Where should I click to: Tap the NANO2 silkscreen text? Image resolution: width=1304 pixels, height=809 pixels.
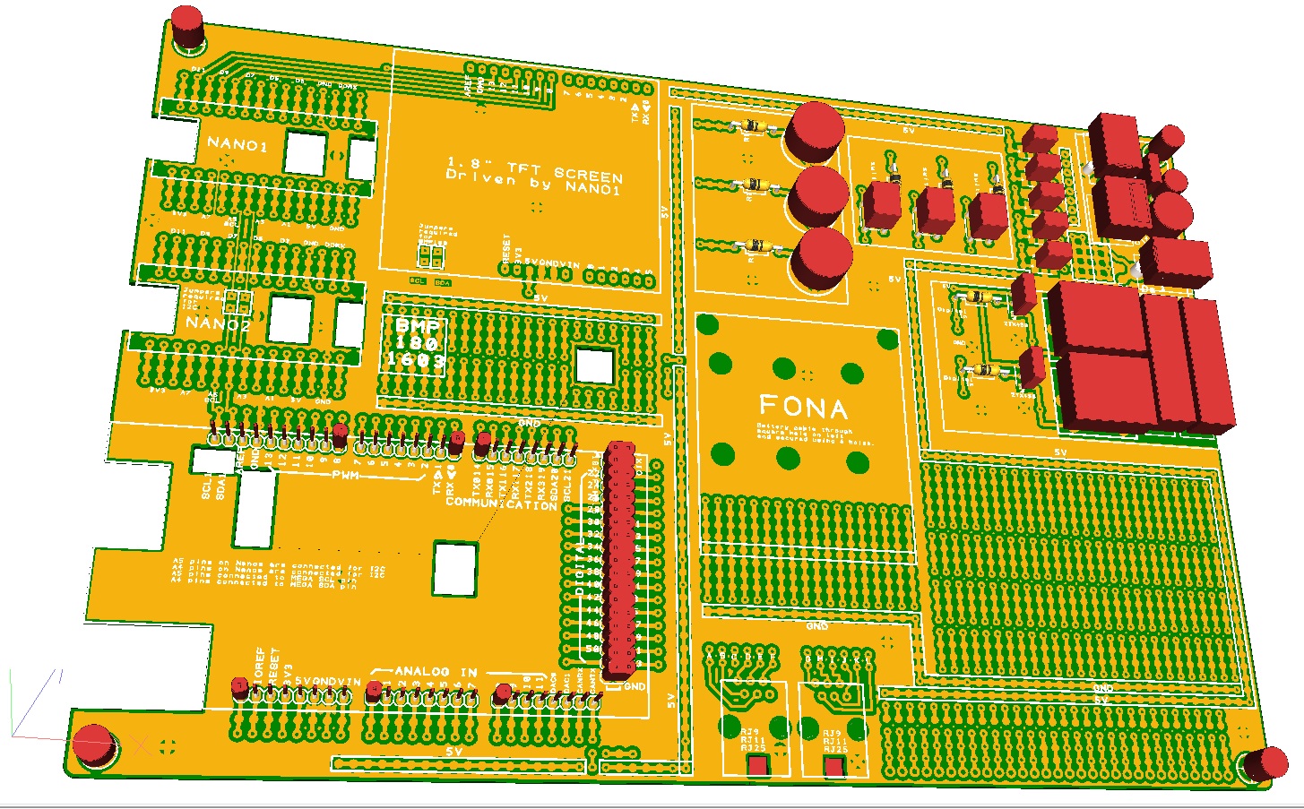point(219,324)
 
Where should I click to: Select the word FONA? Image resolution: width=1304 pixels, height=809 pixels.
point(803,409)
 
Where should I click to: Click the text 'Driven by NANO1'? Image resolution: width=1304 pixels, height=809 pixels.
point(534,183)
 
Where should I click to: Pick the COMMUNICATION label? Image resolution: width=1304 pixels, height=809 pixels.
point(502,504)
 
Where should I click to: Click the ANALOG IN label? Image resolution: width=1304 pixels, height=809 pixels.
point(436,671)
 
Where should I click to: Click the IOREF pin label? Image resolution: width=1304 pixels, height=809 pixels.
point(260,667)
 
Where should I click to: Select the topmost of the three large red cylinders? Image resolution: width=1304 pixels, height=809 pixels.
point(815,130)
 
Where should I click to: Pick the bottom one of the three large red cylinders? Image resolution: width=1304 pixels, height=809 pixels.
point(822,256)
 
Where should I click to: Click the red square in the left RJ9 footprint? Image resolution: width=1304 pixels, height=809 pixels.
point(758,766)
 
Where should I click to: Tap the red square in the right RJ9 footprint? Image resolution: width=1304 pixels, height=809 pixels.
point(835,767)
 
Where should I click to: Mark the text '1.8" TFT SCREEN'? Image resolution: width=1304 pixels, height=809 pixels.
point(534,168)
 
